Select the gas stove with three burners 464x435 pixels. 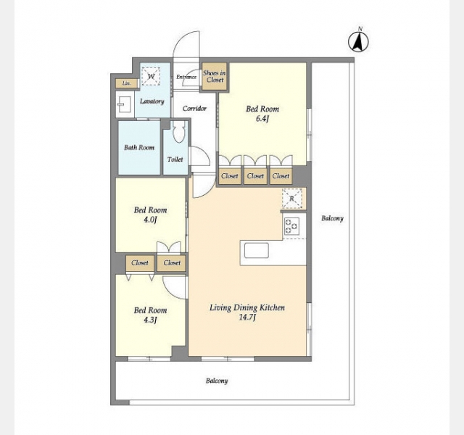(x=291, y=226)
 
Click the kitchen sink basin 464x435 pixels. (x=257, y=250)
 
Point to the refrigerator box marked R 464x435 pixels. (x=291, y=198)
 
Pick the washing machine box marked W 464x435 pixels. (x=151, y=76)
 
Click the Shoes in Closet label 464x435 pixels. (x=215, y=76)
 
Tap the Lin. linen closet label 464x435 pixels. (x=126, y=83)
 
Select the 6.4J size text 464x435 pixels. (x=262, y=119)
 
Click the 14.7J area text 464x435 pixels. (x=247, y=318)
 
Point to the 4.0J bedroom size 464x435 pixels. (x=150, y=220)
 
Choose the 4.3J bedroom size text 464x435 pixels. (x=150, y=320)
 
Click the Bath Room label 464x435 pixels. (x=139, y=147)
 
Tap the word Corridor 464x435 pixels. (x=194, y=109)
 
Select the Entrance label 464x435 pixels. (x=186, y=77)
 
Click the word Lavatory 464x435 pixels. (x=152, y=101)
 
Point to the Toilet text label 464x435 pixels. (x=175, y=159)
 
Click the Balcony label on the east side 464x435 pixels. (x=332, y=218)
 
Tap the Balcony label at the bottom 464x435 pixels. (x=217, y=381)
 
